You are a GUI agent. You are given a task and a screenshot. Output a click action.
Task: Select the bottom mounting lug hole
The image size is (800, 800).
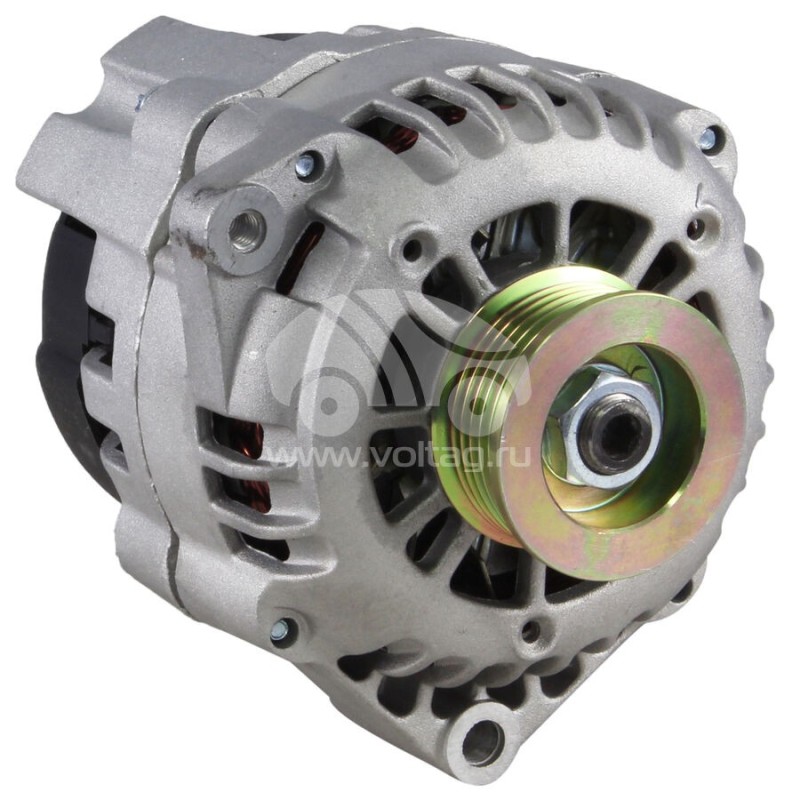(x=484, y=743)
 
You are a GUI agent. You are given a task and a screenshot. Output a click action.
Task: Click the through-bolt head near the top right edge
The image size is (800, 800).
(x=709, y=140)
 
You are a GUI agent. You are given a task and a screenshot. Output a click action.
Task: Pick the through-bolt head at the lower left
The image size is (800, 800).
(x=282, y=629)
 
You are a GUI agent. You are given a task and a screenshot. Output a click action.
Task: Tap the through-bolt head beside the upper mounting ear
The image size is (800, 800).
(x=306, y=166)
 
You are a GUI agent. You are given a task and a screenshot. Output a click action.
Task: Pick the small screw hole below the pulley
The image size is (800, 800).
(x=531, y=631)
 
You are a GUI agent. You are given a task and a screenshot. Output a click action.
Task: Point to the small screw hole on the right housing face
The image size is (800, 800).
(x=697, y=229)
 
